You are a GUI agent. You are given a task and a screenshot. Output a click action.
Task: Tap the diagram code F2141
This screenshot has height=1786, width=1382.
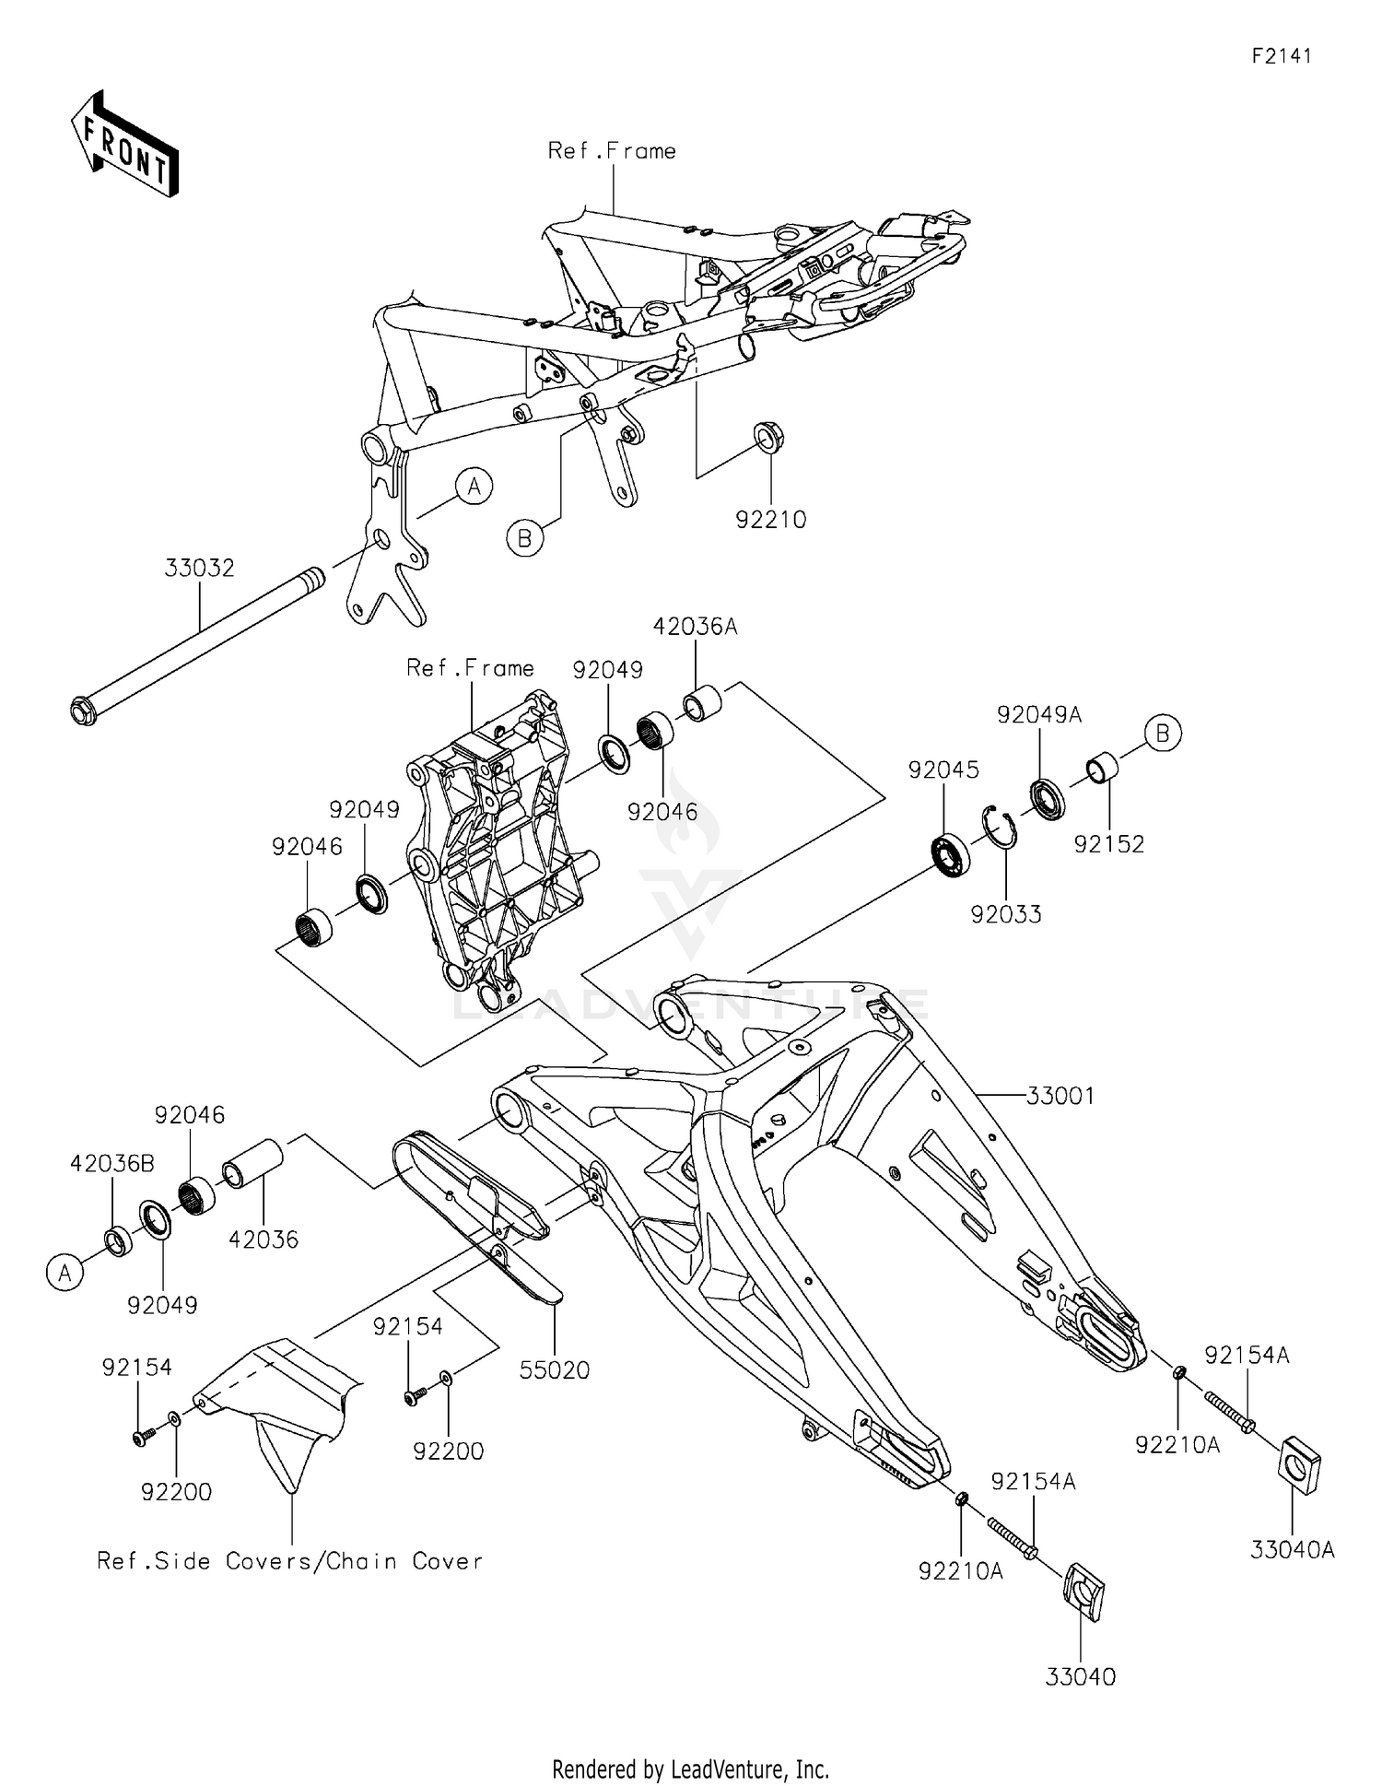tap(1281, 56)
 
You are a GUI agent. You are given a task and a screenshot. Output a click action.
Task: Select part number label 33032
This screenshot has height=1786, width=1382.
tap(199, 568)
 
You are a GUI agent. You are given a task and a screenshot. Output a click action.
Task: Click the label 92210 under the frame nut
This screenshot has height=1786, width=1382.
tap(770, 520)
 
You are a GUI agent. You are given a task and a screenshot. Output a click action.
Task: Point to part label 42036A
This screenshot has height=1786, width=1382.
tap(695, 627)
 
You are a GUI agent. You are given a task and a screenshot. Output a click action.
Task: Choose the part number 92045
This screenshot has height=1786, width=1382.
tap(943, 770)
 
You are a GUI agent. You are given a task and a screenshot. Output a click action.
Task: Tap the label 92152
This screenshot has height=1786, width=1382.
tap(1108, 844)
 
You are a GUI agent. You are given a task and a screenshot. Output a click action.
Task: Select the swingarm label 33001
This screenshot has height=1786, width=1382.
tap(1060, 1096)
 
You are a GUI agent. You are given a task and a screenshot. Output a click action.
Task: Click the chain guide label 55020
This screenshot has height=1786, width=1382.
tap(554, 1370)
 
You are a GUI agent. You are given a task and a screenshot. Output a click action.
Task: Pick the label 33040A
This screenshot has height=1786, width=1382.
tap(1292, 1550)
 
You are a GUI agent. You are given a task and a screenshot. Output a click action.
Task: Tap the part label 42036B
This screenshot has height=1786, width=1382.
tap(112, 1164)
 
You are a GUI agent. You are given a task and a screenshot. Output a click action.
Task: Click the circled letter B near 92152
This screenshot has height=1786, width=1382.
tap(1163, 733)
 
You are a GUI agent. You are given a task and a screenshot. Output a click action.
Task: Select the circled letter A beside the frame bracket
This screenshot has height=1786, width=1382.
tap(474, 486)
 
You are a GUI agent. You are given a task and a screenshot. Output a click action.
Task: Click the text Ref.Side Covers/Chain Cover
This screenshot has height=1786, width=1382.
tap(290, 1561)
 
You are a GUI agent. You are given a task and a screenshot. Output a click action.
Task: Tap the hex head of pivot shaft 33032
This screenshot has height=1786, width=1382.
tap(83, 712)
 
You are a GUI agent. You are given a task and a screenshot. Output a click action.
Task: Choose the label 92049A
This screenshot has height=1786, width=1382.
tap(1039, 714)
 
